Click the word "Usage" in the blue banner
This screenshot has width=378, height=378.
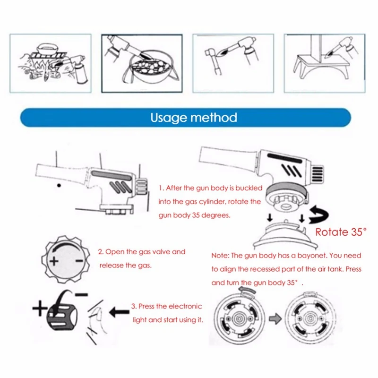pos(169,118)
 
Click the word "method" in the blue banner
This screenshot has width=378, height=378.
pos(214,117)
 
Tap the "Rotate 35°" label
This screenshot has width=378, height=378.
pos(341,232)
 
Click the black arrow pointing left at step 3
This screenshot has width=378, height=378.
pos(119,312)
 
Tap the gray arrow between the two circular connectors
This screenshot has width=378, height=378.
pos(275,318)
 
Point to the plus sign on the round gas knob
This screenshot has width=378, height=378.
pos(54,261)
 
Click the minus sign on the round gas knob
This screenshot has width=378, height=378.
pos(79,261)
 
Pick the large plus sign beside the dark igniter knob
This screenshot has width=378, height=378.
pos(40,309)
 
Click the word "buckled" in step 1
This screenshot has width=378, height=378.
pos(249,188)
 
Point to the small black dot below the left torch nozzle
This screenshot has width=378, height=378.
pos(59,185)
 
